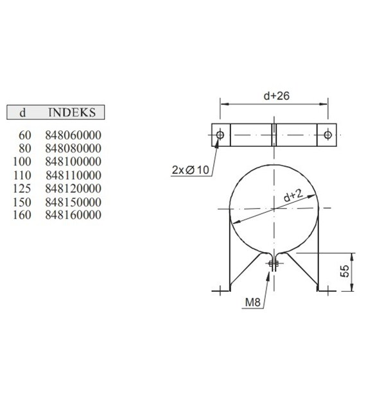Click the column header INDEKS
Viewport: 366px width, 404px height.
click(x=71, y=112)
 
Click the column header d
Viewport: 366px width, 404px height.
click(x=22, y=112)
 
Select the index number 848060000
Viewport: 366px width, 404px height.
click(x=73, y=135)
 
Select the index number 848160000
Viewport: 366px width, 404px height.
click(x=73, y=215)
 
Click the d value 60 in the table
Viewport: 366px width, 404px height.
click(x=24, y=135)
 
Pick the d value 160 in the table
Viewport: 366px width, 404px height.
click(x=21, y=215)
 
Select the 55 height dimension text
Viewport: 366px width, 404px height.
click(x=345, y=272)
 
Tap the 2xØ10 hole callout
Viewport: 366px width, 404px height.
click(x=191, y=170)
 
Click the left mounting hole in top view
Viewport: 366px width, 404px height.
click(x=220, y=135)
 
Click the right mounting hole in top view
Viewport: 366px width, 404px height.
click(x=328, y=135)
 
